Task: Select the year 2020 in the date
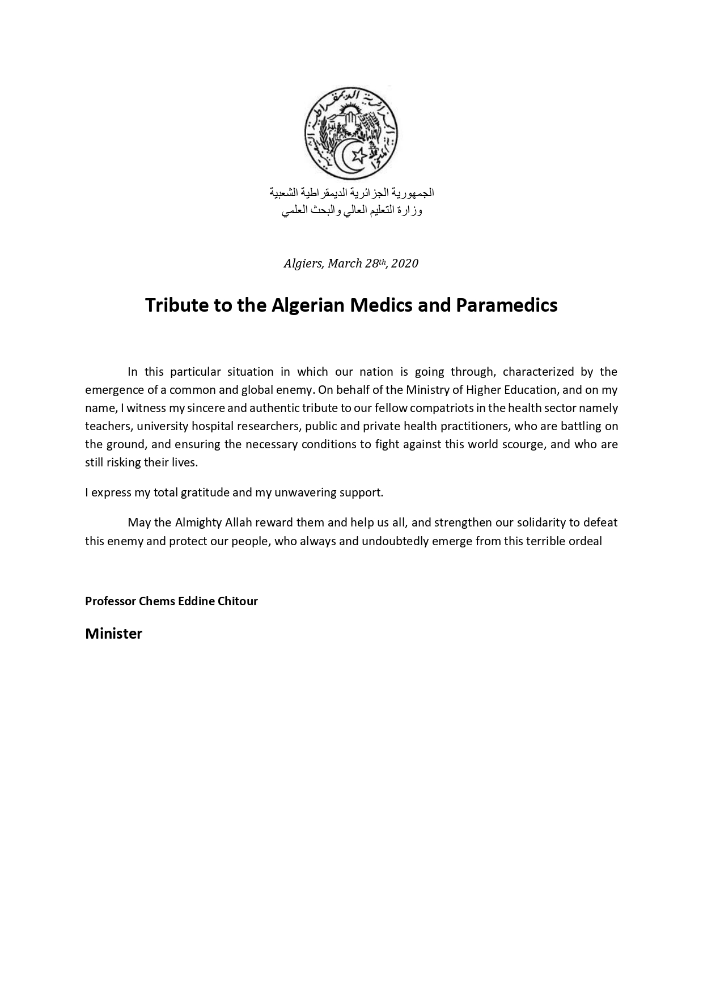coord(405,264)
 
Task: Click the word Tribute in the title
coord(177,305)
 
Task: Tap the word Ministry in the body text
coord(426,390)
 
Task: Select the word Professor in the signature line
coord(111,601)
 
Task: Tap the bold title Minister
coord(113,634)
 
